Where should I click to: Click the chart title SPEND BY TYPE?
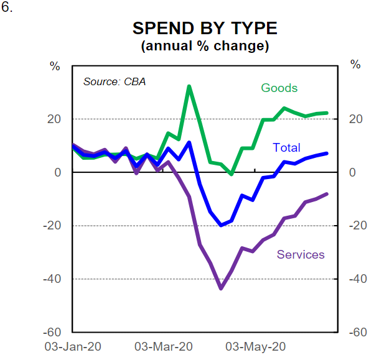click(205, 29)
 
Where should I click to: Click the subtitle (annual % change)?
click(205, 46)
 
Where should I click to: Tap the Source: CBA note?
click(115, 81)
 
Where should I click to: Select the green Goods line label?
click(279, 88)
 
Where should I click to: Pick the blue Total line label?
click(286, 147)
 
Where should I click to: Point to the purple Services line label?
click(301, 254)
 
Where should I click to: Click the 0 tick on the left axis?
click(57, 172)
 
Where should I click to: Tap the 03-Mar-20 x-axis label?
click(164, 346)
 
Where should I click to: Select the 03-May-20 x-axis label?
click(255, 346)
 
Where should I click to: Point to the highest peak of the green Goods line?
click(189, 86)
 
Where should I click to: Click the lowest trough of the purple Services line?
click(220, 288)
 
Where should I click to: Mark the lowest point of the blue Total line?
click(221, 225)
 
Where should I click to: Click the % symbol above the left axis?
click(55, 65)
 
